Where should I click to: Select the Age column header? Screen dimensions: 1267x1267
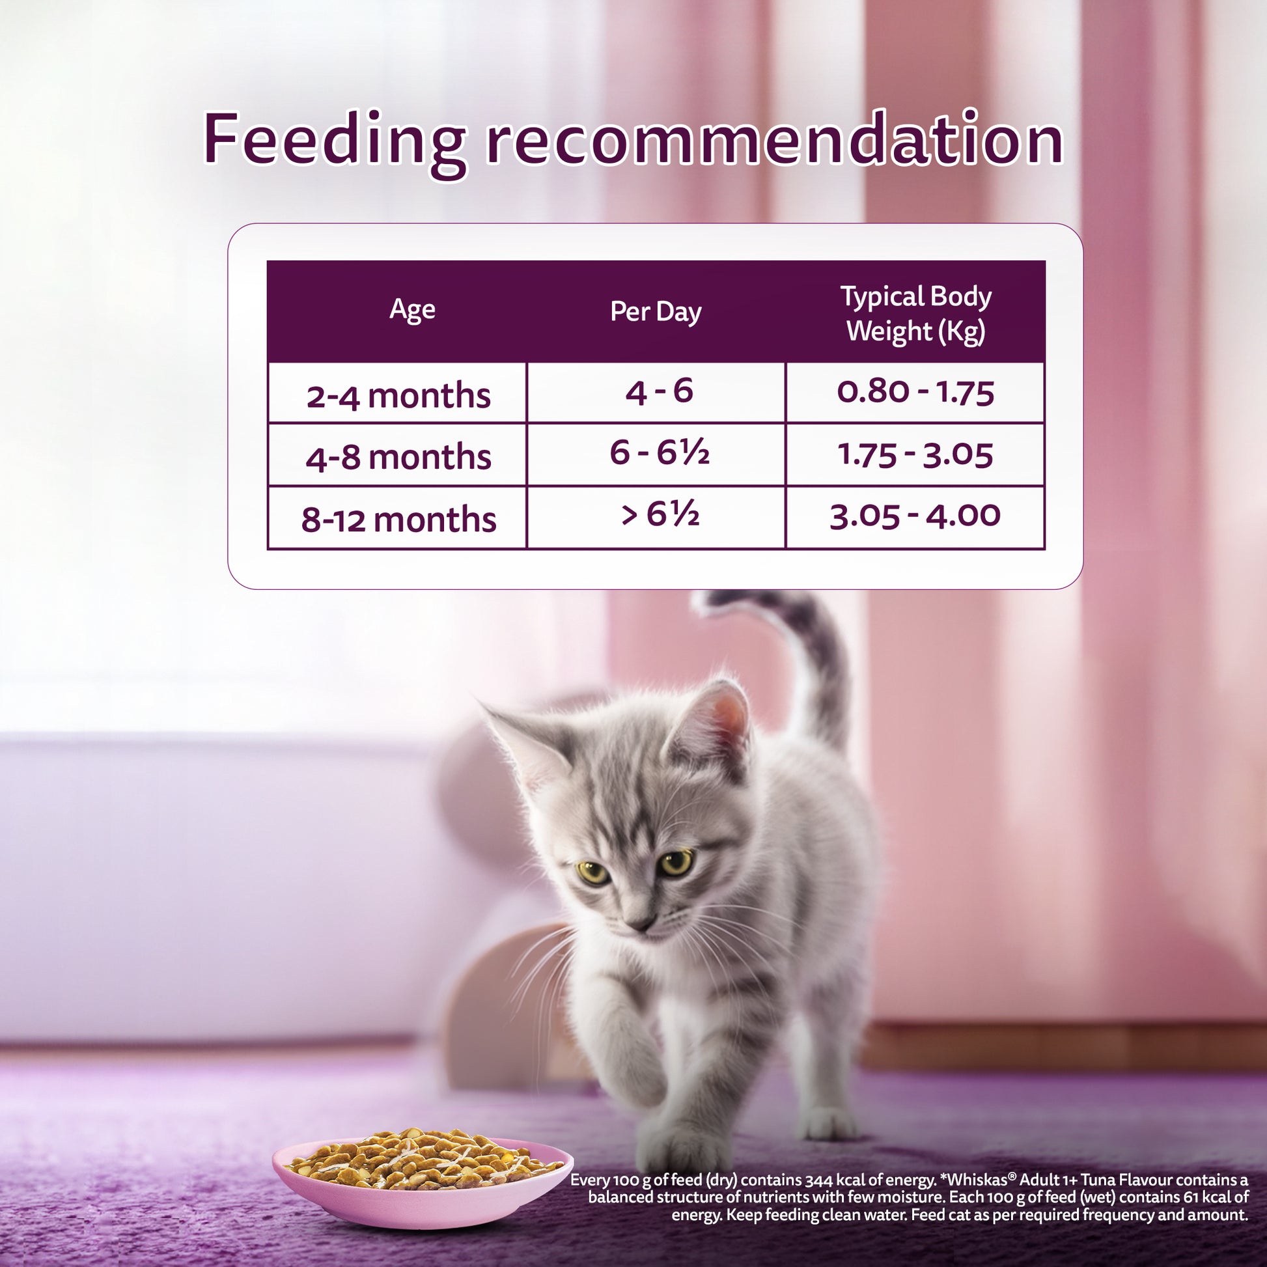412,309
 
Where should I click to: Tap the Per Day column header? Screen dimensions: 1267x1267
656,311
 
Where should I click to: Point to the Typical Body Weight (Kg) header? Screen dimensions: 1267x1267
916,314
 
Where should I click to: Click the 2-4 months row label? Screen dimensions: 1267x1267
398,396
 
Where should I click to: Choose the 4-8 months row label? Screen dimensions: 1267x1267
398,457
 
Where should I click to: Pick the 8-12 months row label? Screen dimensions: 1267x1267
398,520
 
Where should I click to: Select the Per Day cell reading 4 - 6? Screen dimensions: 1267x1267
659,391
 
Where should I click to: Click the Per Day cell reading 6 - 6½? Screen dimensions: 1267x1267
659,453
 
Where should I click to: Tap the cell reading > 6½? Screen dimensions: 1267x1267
660,515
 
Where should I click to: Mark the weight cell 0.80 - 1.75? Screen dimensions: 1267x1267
915,391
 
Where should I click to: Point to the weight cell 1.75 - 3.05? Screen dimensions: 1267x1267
915,454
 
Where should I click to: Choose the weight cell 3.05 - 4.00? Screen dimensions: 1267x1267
915,516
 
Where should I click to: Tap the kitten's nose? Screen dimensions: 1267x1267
639,923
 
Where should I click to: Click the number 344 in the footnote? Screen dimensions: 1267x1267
819,1180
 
